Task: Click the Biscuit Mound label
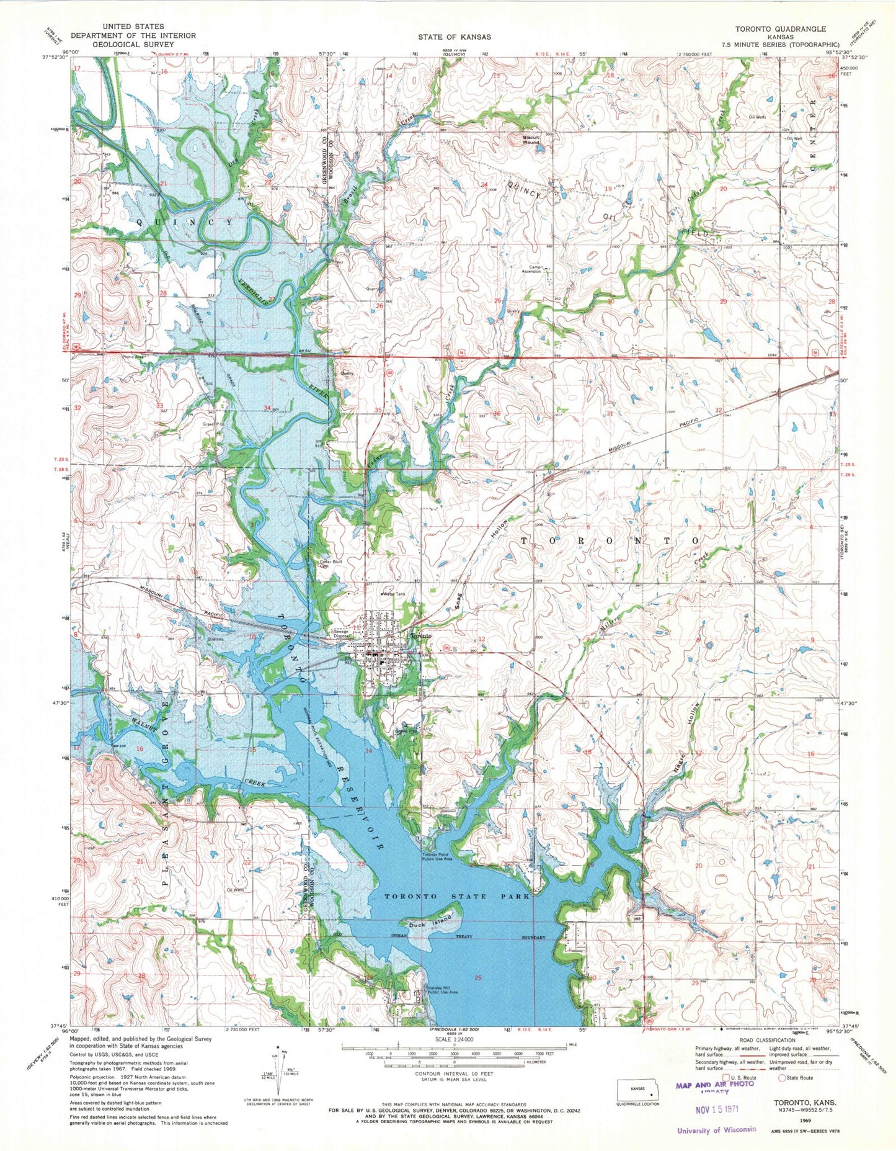pyautogui.click(x=531, y=139)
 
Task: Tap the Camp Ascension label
pyautogui.click(x=531, y=269)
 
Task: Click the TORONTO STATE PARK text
pyautogui.click(x=457, y=897)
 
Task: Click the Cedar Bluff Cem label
pyautogui.click(x=330, y=564)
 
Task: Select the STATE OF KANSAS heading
pyautogui.click(x=454, y=37)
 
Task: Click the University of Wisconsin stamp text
pyautogui.click(x=716, y=1129)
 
